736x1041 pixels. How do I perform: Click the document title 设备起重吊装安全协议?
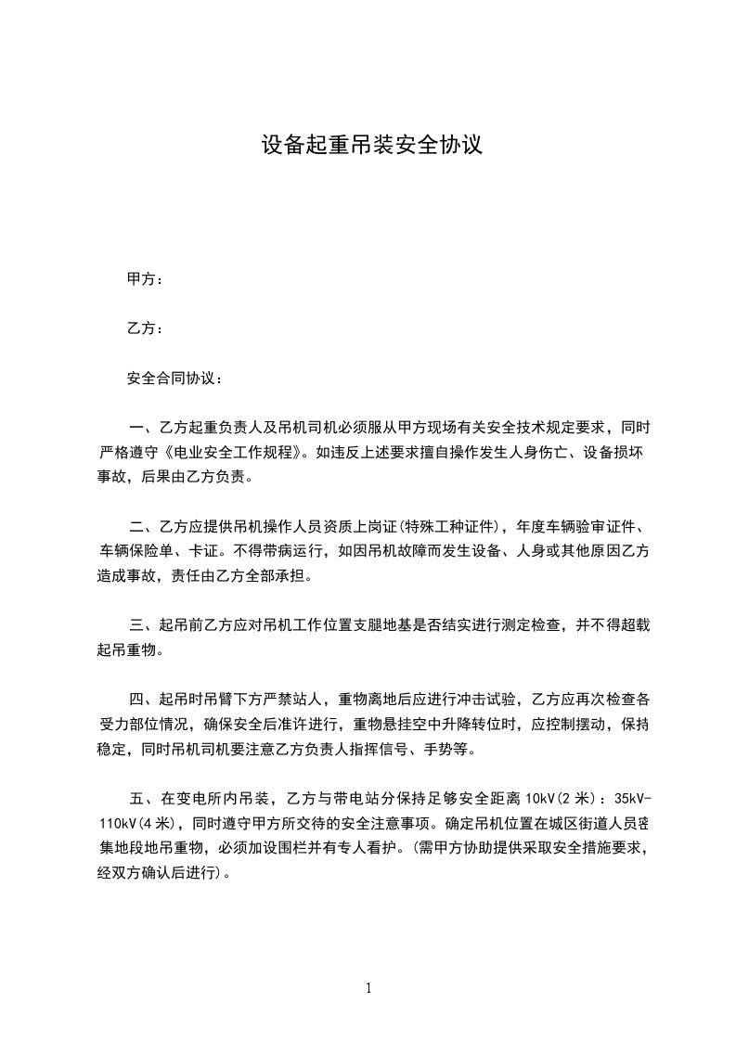pyautogui.click(x=371, y=146)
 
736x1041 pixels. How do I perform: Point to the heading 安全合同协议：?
pyautogui.click(x=174, y=379)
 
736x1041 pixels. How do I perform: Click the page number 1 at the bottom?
pyautogui.click(x=368, y=988)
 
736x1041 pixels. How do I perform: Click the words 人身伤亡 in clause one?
pyautogui.click(x=519, y=454)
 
